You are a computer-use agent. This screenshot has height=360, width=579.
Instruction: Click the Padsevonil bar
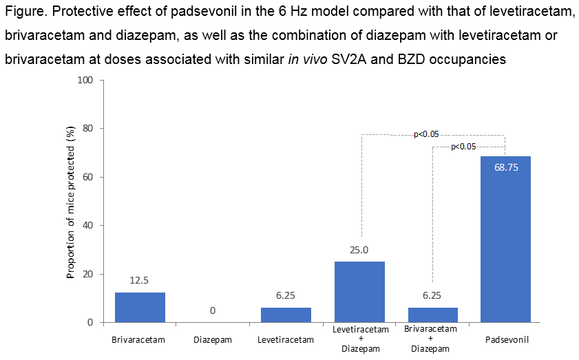pos(505,241)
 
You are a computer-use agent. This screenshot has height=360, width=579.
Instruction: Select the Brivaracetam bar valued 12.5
pos(140,307)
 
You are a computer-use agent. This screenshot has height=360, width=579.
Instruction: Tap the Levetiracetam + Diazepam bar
pos(359,292)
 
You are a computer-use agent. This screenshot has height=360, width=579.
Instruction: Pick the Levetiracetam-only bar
pos(286,315)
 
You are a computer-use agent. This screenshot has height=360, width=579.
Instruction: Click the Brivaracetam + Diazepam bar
pos(432,315)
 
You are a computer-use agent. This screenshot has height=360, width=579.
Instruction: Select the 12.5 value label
pos(140,282)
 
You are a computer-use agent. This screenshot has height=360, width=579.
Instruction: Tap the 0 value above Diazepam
pos(213,311)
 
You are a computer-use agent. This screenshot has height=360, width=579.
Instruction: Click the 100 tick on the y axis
pos(85,80)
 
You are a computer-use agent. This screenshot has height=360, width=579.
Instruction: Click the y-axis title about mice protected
pos(70,202)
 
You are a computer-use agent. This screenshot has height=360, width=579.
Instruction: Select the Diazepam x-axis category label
pos(213,340)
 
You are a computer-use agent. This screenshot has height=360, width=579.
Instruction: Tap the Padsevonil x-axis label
pos(505,340)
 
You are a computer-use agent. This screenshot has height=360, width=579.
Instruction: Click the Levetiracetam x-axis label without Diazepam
pos(286,340)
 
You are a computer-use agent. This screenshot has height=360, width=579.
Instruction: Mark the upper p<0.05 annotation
pos(426,134)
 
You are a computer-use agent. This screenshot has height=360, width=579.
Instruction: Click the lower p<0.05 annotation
pos(463,147)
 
